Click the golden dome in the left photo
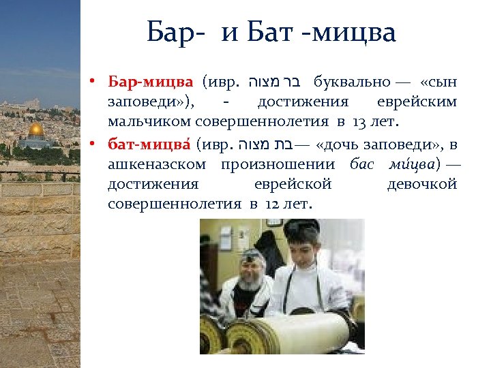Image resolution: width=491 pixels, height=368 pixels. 35,129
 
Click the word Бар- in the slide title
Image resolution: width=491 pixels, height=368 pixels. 173,32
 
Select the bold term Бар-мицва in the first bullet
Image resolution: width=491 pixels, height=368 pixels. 151,83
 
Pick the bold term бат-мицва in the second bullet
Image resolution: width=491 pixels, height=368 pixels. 149,144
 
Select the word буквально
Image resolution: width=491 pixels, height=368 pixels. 352,83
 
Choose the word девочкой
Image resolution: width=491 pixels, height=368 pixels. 421,184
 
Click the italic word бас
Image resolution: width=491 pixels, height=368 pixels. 361,164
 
